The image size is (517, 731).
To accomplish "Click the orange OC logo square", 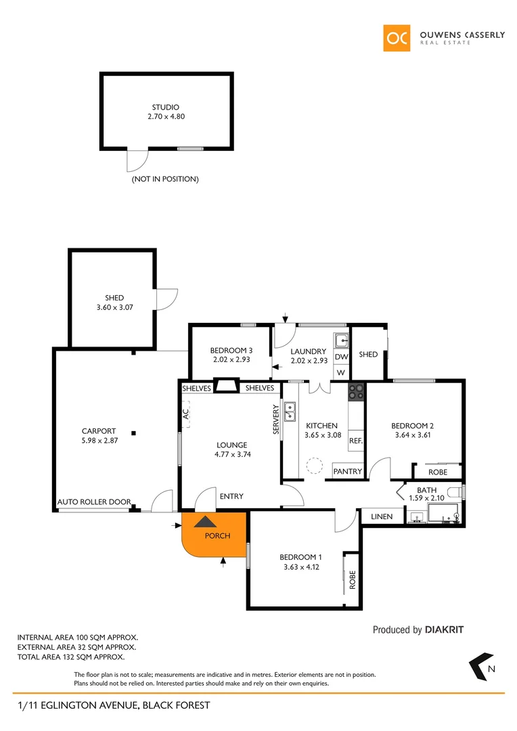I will pyautogui.click(x=397, y=38).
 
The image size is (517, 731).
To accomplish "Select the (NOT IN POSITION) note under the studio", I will pyautogui.click(x=165, y=179).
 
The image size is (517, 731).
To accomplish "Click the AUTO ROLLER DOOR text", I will pyautogui.click(x=94, y=502).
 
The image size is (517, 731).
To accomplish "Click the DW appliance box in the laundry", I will pyautogui.click(x=341, y=357).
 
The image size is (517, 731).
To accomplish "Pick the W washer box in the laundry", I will pyautogui.click(x=341, y=372).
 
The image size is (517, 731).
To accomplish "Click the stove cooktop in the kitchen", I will pyautogui.click(x=356, y=391).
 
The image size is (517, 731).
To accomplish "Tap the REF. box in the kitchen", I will pyautogui.click(x=357, y=441).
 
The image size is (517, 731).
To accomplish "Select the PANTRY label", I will pyautogui.click(x=349, y=471).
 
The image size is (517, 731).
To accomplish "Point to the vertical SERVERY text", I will pyautogui.click(x=276, y=424).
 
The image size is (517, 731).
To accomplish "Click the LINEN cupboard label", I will pyautogui.click(x=382, y=517).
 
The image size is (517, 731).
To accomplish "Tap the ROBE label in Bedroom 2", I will pyautogui.click(x=439, y=472).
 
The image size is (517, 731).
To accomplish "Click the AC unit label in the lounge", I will pyautogui.click(x=185, y=414).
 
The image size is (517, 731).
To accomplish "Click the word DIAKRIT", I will pyautogui.click(x=445, y=629).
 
